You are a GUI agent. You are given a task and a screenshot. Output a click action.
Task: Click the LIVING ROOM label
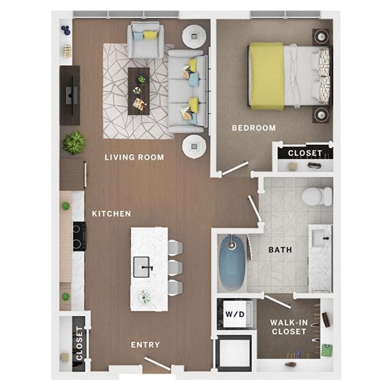[x=134, y=156]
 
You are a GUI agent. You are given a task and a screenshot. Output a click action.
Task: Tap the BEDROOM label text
[x=253, y=128]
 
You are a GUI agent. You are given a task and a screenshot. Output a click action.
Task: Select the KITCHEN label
[x=112, y=213]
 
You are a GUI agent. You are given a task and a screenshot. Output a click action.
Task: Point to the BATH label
[x=280, y=251]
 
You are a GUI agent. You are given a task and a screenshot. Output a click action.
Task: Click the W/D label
[x=235, y=313]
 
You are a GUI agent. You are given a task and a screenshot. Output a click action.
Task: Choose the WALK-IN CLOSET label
[x=288, y=327]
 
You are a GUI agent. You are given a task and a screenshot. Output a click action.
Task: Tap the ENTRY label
[x=145, y=345]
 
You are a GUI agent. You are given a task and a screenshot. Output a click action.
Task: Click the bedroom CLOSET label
[x=305, y=152]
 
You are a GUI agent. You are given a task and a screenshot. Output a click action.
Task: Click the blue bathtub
[x=231, y=262]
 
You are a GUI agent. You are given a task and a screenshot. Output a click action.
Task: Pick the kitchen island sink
[x=144, y=266]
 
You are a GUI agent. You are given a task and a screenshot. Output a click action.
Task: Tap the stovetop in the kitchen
[x=79, y=236]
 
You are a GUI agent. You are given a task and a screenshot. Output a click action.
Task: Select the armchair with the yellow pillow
[x=146, y=41]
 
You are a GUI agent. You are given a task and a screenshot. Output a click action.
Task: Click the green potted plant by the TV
[x=75, y=143]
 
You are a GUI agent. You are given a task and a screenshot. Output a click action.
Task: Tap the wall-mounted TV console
[x=69, y=94]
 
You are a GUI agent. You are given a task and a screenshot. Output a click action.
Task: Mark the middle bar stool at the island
[x=174, y=267]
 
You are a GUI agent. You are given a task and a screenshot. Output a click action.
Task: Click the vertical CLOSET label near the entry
[x=79, y=343]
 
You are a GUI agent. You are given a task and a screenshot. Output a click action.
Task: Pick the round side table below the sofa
[x=195, y=147]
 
